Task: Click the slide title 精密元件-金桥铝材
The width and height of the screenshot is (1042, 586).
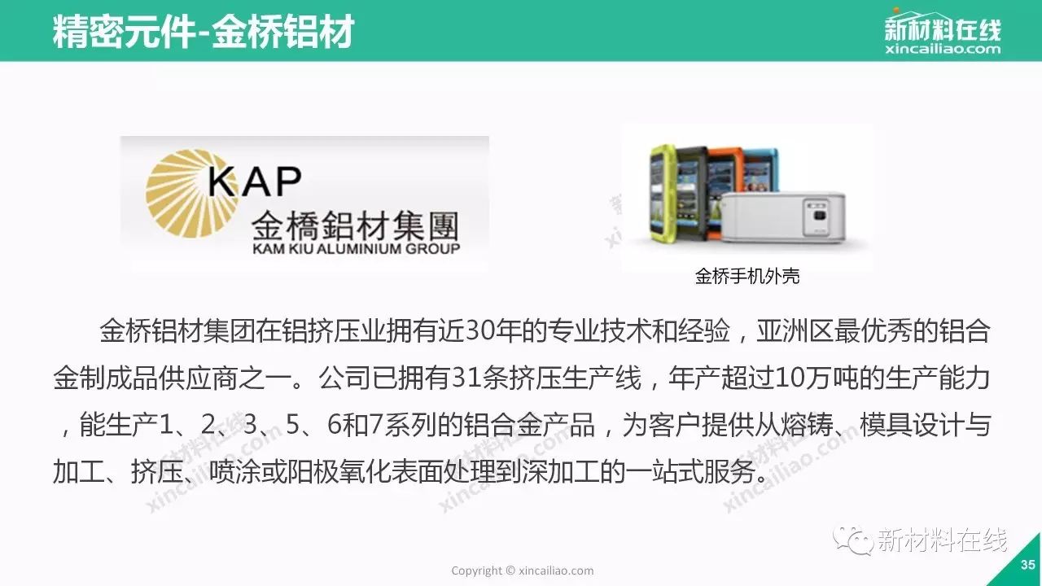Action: pyautogui.click(x=204, y=32)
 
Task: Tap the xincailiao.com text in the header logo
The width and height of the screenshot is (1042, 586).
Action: pyautogui.click(x=943, y=48)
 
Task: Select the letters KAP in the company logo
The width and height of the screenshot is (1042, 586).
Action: pyautogui.click(x=255, y=181)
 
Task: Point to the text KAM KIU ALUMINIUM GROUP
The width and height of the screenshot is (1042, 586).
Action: pyautogui.click(x=356, y=248)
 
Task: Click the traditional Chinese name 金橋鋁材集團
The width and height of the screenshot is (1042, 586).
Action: pyautogui.click(x=355, y=225)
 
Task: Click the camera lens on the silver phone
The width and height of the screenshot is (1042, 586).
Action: pyautogui.click(x=819, y=214)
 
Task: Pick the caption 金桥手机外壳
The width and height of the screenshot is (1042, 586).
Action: pyautogui.click(x=747, y=276)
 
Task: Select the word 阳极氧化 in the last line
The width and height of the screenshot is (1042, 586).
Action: pyautogui.click(x=340, y=471)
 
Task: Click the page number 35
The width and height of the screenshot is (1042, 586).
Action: pyautogui.click(x=1027, y=565)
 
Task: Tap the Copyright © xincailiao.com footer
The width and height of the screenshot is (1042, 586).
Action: pyautogui.click(x=523, y=571)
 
